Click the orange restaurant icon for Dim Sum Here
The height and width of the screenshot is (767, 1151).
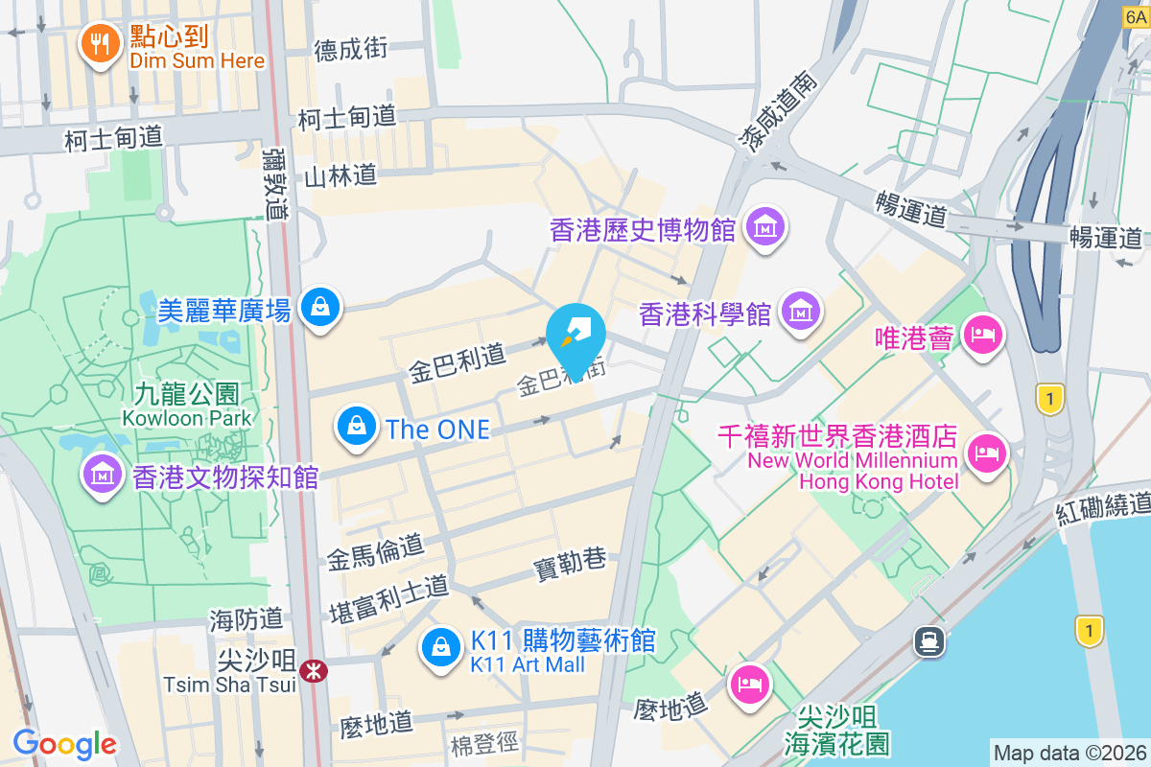pos(99,42)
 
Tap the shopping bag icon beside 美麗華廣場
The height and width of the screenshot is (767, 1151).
pos(316,308)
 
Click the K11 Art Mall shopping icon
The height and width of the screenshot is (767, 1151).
pos(439,647)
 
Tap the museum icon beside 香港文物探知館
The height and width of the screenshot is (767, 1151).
pos(100,474)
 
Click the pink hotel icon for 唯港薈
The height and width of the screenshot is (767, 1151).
pos(983,336)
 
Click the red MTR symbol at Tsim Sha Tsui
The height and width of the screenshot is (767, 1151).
pos(313,671)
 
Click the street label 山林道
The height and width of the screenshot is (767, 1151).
pos(340,175)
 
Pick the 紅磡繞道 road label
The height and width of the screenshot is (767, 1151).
pos(1103,507)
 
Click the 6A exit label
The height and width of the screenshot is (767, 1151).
pos(1136,16)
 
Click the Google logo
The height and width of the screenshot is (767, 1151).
pos(64,744)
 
